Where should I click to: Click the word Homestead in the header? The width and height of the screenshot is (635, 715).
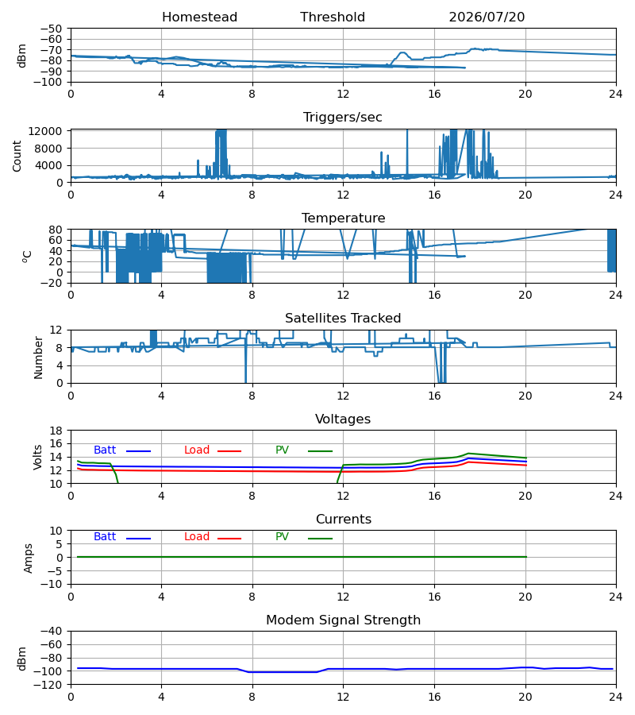[199, 17]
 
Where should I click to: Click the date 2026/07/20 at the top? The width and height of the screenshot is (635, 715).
[487, 17]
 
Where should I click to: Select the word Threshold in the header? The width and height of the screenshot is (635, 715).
[333, 17]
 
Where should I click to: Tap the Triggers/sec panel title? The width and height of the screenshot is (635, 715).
[343, 118]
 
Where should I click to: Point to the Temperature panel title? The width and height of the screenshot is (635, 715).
[343, 218]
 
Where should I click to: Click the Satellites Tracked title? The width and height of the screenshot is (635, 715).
[343, 319]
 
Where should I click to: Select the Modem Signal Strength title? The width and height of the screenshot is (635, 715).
[343, 620]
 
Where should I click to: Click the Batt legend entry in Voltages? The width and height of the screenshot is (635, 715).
[105, 450]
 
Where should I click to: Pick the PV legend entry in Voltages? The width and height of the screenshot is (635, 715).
[282, 450]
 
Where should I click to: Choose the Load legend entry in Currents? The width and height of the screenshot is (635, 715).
[197, 537]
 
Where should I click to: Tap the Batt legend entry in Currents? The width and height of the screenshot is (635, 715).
[105, 537]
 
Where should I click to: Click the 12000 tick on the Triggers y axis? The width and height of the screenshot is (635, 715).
[45, 131]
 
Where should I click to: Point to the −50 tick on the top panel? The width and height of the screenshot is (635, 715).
[51, 29]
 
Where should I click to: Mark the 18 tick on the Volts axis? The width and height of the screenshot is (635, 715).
[56, 431]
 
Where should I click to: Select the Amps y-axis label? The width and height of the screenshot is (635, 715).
[29, 558]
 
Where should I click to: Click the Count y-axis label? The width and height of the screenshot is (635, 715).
[17, 156]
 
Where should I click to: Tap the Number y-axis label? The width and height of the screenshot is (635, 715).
[38, 357]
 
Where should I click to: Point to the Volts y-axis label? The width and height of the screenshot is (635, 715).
[38, 457]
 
